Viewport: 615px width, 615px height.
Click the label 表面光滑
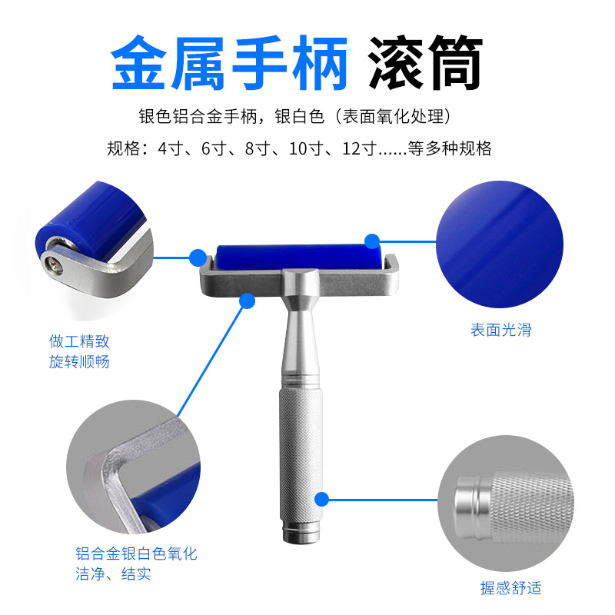(x=500, y=331)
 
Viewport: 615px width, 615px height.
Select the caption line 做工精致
(x=79, y=341)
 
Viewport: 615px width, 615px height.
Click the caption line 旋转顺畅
(x=79, y=361)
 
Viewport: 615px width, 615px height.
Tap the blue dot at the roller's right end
(x=372, y=242)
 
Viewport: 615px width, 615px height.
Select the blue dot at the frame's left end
(x=198, y=258)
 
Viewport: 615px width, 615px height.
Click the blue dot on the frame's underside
(x=248, y=300)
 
